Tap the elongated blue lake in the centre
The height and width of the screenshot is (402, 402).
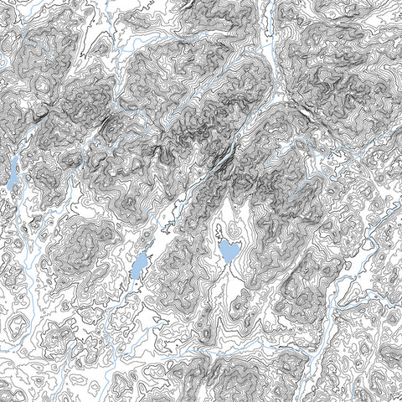click(139, 265)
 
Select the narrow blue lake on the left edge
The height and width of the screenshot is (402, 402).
click(12, 173)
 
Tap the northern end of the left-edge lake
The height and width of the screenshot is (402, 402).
click(14, 157)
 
